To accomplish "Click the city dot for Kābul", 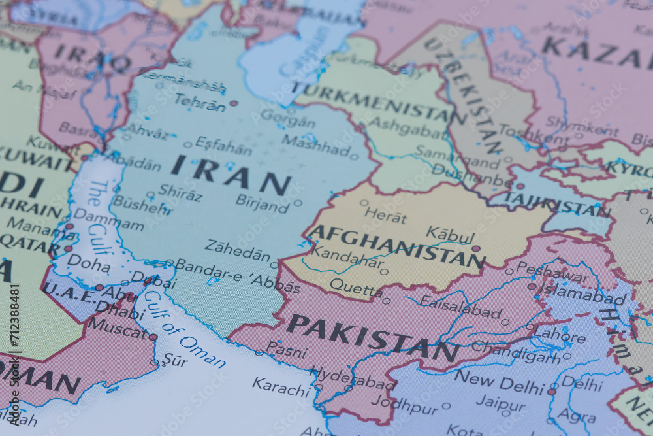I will [x=476, y=248].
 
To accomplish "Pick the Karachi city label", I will [x=281, y=387].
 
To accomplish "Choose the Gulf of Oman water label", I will [x=185, y=329].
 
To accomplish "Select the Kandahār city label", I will [x=346, y=257].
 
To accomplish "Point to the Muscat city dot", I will [x=153, y=337].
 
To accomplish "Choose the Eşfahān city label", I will [x=223, y=146].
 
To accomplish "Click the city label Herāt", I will [x=385, y=215].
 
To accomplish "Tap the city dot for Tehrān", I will [x=234, y=103].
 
